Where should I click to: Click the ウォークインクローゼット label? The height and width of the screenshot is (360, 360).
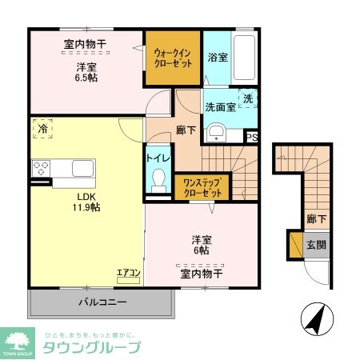tap(172, 58)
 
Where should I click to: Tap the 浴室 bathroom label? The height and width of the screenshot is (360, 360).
tap(217, 58)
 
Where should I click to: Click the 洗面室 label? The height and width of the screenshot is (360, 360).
tap(219, 106)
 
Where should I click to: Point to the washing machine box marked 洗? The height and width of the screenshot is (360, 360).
tap(249, 99)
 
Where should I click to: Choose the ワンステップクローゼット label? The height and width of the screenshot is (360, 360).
tap(202, 187)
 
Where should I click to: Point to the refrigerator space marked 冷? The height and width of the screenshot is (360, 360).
tap(41, 128)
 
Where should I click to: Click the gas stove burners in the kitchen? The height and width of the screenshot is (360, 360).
tap(41, 169)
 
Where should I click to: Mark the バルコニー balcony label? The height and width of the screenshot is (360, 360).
tap(102, 302)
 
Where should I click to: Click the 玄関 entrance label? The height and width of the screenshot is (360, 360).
tap(316, 245)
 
